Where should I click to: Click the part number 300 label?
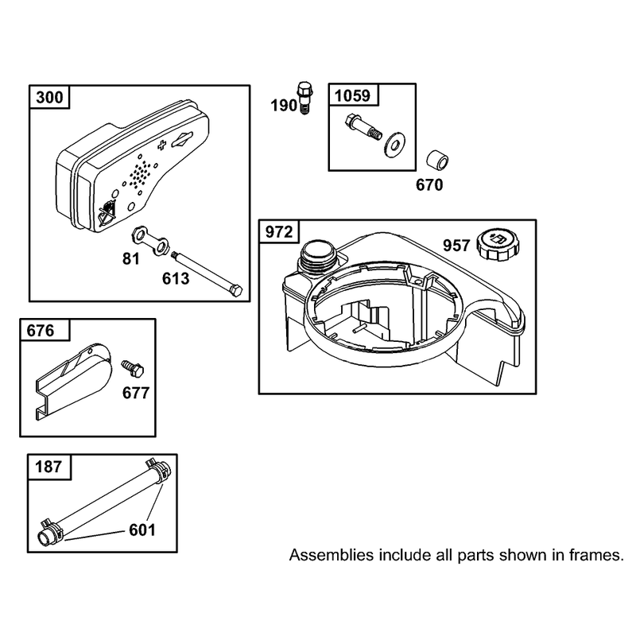[49, 98]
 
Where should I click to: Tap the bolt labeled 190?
[304, 98]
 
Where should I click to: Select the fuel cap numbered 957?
[498, 246]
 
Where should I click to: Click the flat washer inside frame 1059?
[393, 144]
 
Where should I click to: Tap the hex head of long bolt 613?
[235, 292]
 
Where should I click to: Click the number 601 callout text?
[142, 530]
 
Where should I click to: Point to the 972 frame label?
[279, 232]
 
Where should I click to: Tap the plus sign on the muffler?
[162, 145]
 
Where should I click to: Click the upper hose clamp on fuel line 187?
[158, 470]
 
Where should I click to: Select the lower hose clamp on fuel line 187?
[51, 533]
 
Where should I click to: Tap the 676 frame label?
[41, 331]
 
